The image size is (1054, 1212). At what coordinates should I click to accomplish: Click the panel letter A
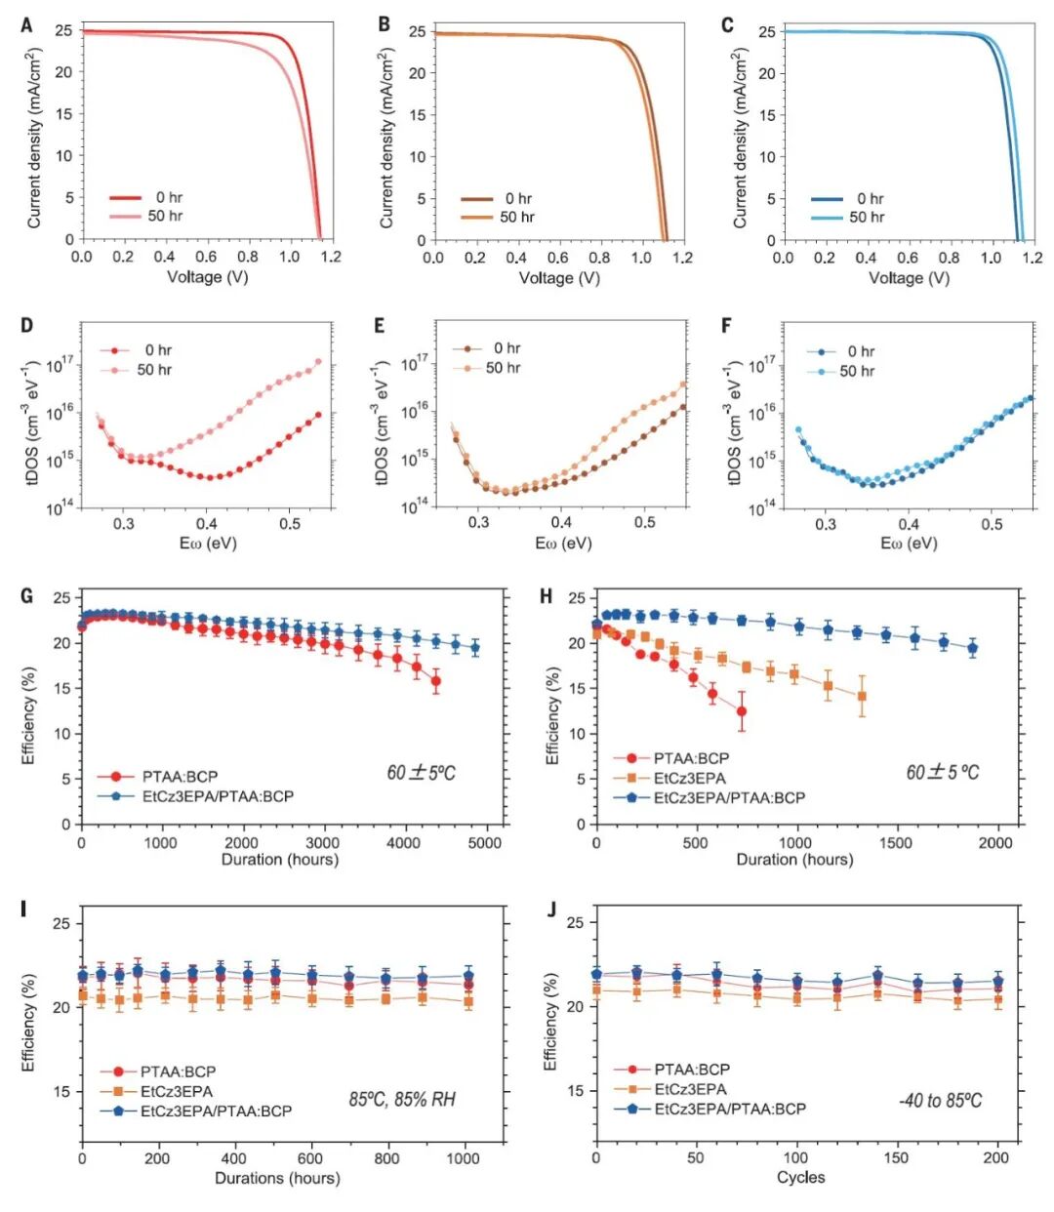tap(27, 25)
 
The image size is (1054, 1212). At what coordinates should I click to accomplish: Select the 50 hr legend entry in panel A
tap(164, 216)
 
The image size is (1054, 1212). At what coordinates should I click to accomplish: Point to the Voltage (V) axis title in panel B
tap(559, 278)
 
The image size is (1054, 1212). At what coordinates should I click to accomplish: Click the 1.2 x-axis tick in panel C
tap(1033, 258)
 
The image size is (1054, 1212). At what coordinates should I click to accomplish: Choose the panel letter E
tap(381, 325)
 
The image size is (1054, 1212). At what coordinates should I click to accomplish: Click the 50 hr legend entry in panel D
tap(153, 370)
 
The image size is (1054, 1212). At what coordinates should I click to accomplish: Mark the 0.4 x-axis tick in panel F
tap(909, 524)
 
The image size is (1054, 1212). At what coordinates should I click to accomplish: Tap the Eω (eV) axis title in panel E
tap(562, 543)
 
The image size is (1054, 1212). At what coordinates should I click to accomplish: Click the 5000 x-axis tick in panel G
tap(485, 842)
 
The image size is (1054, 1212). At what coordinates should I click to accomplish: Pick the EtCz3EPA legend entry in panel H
tap(689, 778)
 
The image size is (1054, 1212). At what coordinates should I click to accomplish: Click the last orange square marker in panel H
tap(862, 697)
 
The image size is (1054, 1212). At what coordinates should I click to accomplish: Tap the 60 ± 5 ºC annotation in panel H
tap(942, 773)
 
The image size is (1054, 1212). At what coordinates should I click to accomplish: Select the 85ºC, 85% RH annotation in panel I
tap(402, 1100)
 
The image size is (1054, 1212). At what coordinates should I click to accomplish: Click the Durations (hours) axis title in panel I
tap(277, 1178)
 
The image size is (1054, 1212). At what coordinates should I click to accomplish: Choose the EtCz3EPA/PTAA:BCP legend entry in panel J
tap(730, 1109)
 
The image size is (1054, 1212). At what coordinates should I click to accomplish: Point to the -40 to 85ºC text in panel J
tap(940, 1101)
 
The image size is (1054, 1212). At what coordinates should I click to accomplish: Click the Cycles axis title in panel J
tap(800, 1178)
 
